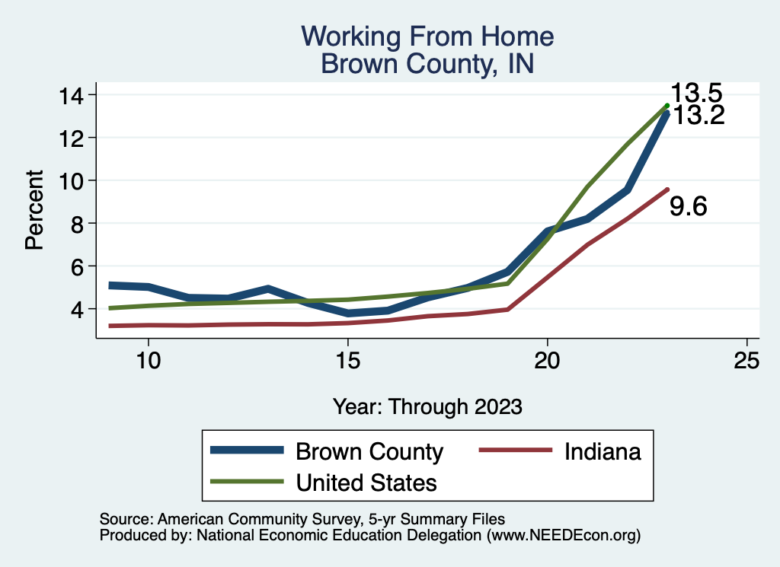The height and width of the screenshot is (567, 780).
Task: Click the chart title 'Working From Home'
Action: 427,36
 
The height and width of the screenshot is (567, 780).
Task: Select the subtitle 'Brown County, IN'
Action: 427,63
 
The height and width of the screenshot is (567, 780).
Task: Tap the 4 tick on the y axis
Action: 79,309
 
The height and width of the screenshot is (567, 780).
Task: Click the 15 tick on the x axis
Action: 347,361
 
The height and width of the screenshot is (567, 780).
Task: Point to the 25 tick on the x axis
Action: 746,361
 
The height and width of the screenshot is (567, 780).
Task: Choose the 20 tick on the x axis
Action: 547,361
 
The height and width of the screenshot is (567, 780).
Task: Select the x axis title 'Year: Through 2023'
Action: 427,406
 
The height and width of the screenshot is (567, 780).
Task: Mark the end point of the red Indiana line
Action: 667,190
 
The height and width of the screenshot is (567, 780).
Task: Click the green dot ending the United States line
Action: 667,105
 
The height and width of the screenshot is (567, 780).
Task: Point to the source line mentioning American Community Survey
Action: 302,519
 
